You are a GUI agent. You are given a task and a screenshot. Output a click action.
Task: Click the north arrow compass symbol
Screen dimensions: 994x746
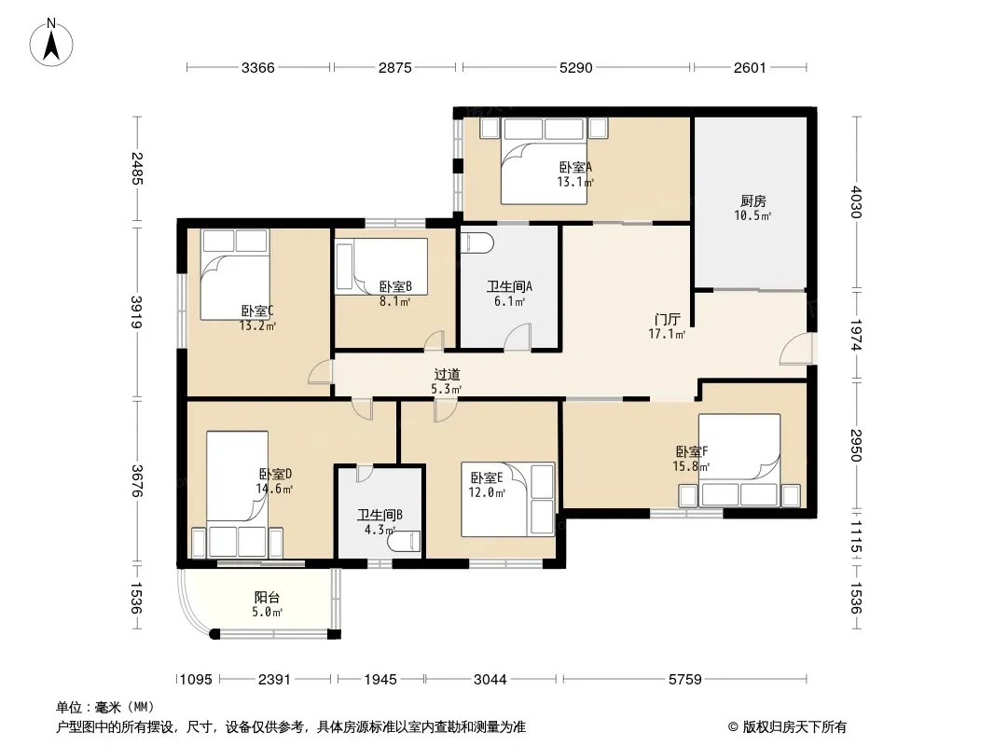point(51,43)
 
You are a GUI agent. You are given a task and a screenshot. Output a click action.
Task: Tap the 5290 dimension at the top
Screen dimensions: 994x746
point(575,67)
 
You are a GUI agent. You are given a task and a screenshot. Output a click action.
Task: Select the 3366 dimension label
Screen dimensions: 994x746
point(258,67)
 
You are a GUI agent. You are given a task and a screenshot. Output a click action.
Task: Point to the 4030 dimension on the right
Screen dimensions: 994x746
point(856,201)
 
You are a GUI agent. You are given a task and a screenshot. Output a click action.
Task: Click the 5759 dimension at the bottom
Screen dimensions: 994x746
point(685,680)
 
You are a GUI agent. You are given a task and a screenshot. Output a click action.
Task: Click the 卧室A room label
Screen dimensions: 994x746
point(575,167)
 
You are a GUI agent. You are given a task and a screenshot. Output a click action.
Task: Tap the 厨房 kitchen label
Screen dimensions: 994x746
point(753,200)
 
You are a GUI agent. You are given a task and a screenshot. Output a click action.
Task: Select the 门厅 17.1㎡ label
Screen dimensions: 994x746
point(667,326)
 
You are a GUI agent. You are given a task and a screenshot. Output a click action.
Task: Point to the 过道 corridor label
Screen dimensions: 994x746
point(447,375)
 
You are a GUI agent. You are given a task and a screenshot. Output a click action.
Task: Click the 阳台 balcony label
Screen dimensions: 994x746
point(267,597)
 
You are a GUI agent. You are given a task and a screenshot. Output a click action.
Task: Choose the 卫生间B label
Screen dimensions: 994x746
point(380,515)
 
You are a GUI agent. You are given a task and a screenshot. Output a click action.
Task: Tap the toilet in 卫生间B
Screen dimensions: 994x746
point(406,541)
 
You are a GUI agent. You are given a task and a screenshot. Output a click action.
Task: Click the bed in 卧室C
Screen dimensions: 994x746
point(235,274)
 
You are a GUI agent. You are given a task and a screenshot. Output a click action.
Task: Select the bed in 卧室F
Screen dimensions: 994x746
point(739,460)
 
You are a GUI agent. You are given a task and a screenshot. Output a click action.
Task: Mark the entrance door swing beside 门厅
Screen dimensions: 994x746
point(795,349)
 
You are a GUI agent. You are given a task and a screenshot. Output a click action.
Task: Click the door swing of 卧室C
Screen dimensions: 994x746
point(320,372)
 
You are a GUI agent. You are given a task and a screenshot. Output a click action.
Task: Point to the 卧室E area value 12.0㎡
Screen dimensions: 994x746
point(487,492)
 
